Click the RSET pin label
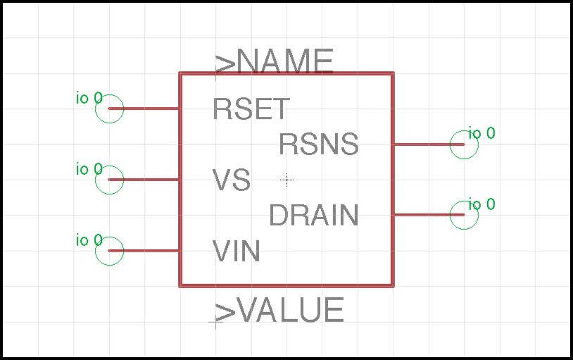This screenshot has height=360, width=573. coord(251,109)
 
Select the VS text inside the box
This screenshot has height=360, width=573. coord(232,180)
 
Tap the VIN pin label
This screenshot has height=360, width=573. coord(237,251)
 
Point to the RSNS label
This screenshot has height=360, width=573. coord(319,144)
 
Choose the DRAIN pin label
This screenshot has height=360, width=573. coord(314,215)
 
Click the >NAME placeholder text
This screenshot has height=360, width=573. coord(275,63)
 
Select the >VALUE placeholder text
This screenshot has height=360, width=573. coord(279,311)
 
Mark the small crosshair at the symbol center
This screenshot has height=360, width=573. coord(286,180)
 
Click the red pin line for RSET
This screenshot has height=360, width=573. coord(144,108)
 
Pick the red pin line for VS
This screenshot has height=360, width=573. coord(144,180)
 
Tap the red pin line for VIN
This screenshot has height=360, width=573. coord(144,250)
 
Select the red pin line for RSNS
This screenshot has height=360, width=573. coord(428,144)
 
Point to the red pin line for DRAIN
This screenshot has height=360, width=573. coord(428,215)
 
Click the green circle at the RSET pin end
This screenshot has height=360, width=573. coord(110,108)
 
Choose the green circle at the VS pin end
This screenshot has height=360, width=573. coord(110,180)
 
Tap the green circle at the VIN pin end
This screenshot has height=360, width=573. coord(110,251)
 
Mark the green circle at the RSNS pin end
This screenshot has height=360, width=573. coord(464,144)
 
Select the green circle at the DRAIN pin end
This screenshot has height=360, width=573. coord(464,215)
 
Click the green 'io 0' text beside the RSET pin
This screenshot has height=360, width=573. coord(89,98)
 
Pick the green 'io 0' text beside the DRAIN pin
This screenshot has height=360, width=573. coord(481,204)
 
